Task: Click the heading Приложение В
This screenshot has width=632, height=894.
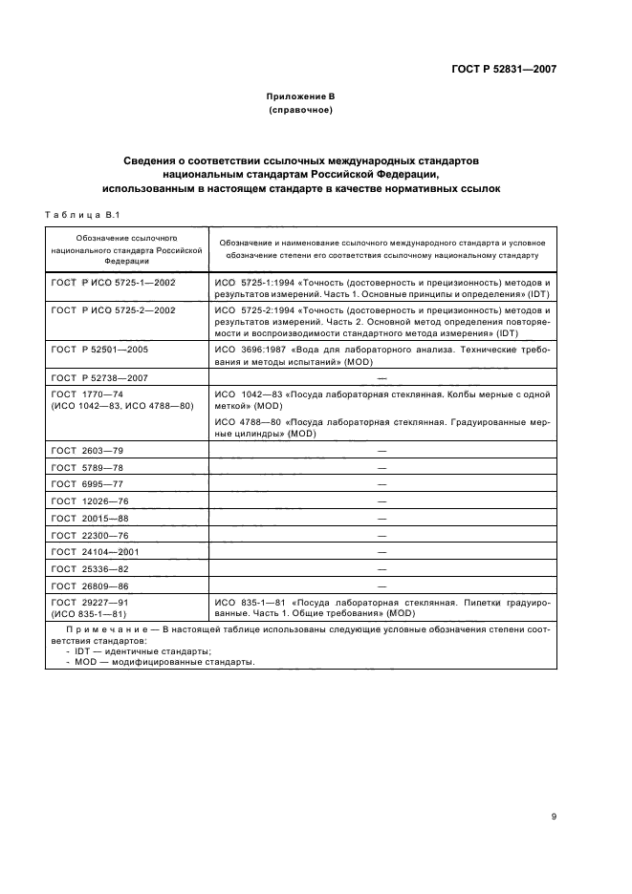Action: pos(300,97)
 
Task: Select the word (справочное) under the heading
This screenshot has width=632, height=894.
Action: pos(300,111)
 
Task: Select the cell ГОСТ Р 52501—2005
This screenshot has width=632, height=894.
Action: pos(100,350)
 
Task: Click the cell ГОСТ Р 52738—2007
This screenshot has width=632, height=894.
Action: pos(100,379)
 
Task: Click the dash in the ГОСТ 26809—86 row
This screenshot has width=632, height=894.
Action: pos(381,585)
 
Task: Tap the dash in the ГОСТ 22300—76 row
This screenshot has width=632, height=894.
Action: pos(381,535)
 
